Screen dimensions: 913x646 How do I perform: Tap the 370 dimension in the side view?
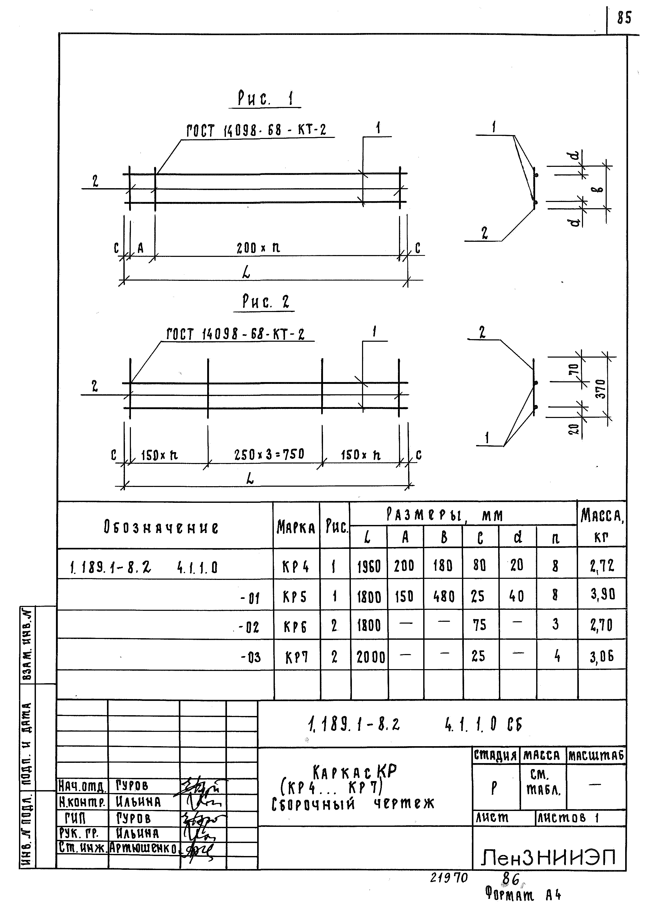(601, 389)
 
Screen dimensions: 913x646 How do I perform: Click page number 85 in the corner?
(624, 18)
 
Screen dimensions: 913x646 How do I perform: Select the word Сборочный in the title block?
(313, 805)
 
